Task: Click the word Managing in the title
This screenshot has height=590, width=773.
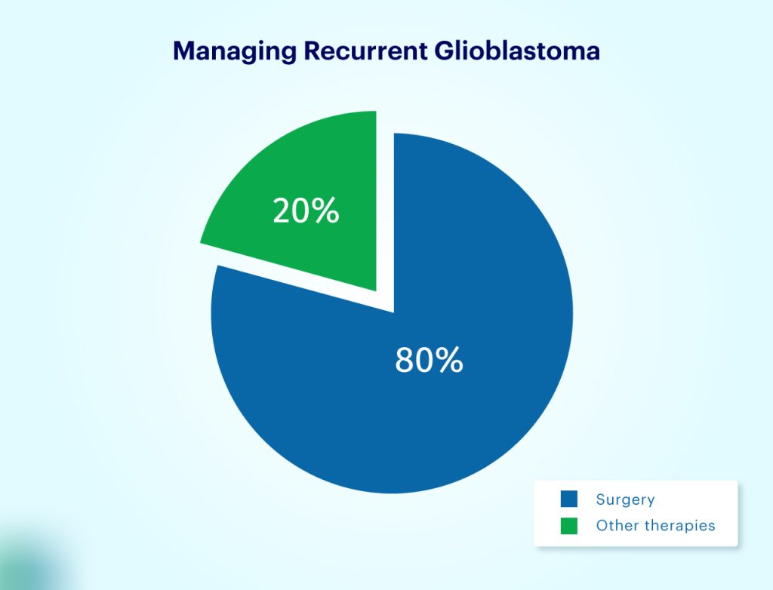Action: click(235, 51)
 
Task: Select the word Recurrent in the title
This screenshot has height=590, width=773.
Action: click(365, 51)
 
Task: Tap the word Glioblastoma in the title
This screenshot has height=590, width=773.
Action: click(517, 51)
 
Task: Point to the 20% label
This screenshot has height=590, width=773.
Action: click(306, 210)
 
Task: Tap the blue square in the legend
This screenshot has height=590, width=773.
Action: click(569, 499)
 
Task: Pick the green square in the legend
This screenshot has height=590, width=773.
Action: click(569, 525)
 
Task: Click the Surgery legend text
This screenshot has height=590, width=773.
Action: click(625, 499)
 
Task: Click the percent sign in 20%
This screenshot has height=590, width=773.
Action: click(325, 210)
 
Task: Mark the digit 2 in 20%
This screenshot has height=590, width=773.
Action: click(282, 210)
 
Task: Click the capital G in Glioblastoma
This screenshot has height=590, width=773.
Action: click(445, 51)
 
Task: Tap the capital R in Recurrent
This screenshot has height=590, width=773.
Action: click(313, 51)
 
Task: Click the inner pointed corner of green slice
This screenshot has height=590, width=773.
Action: click(377, 291)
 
